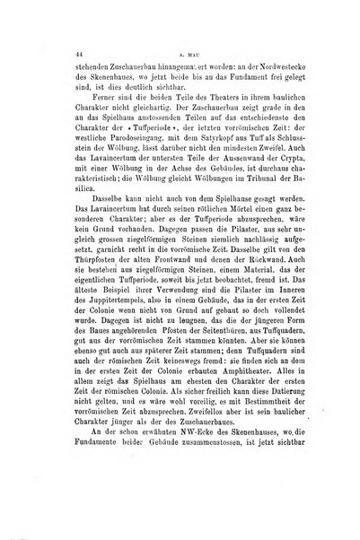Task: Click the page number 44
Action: [x=55, y=55]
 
